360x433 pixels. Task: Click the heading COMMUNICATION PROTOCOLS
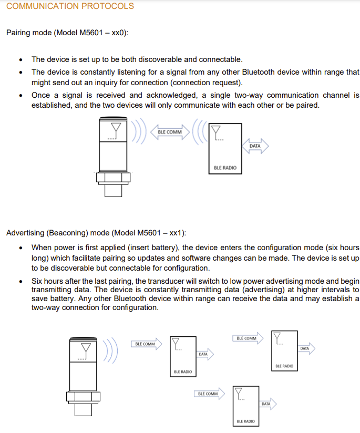click(70, 6)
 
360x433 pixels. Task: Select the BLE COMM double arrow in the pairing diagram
click(170, 132)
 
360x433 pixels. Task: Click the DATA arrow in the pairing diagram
click(255, 146)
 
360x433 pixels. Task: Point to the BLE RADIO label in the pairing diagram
click(225, 168)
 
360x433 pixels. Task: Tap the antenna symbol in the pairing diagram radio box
click(215, 132)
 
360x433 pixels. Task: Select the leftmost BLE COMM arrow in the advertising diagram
click(146, 344)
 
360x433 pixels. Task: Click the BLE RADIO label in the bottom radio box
click(246, 421)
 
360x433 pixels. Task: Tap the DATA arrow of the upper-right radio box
click(305, 348)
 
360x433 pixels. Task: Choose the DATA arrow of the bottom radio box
click(266, 404)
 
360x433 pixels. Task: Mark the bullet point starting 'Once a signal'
click(20, 96)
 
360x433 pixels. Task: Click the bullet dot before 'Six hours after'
click(20, 282)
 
